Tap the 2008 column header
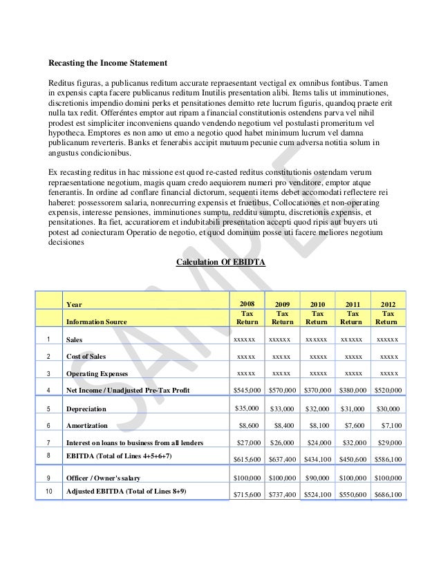pos(247,303)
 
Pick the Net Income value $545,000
pos(247,391)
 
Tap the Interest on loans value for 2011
pos(353,443)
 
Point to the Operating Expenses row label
pos(97,374)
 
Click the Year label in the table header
pos(73,303)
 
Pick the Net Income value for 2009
pos(282,391)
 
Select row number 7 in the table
pos(46,443)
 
